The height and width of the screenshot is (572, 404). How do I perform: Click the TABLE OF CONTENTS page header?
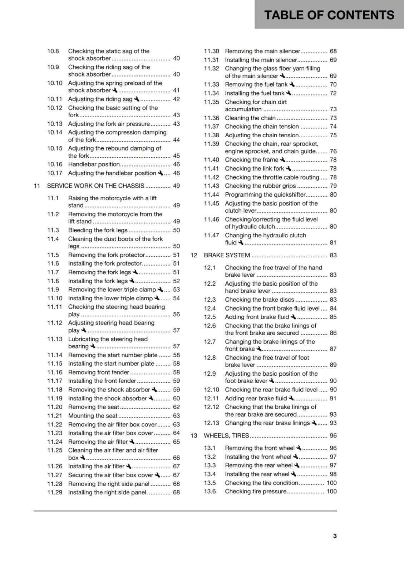pyautogui.click(x=329, y=15)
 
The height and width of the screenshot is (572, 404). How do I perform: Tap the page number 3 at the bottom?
pyautogui.click(x=335, y=536)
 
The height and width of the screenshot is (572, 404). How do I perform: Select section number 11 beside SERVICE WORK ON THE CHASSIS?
pyautogui.click(x=36, y=186)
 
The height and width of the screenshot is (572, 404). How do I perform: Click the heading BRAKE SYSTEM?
pyautogui.click(x=227, y=255)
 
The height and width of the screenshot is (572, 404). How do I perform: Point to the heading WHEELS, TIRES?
pyautogui.click(x=226, y=435)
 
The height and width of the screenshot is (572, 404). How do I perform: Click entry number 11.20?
pyautogui.click(x=55, y=407)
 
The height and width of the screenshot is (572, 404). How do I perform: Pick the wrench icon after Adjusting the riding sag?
pyautogui.click(x=137, y=99)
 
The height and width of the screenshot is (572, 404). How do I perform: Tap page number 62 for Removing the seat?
pyautogui.click(x=176, y=407)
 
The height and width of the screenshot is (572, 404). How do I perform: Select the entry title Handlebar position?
pyautogui.click(x=94, y=164)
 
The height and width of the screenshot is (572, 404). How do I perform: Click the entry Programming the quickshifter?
pyautogui.click(x=265, y=194)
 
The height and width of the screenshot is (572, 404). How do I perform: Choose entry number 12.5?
pyautogui.click(x=210, y=317)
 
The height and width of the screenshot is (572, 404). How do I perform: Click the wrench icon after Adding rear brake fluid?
pyautogui.click(x=291, y=398)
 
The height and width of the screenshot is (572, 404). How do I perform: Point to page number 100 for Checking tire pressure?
pyautogui.click(x=331, y=491)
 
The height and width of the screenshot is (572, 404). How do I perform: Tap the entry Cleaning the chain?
pyautogui.click(x=250, y=118)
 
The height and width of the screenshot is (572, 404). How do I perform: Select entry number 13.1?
pyautogui.click(x=210, y=448)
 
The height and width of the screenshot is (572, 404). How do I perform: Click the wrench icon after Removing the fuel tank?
pyautogui.click(x=292, y=84)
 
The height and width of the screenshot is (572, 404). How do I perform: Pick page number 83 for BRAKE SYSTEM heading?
pyautogui.click(x=333, y=255)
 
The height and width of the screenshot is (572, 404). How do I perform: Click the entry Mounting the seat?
pyautogui.click(x=93, y=416)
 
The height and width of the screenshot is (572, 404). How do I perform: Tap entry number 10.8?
pyautogui.click(x=53, y=51)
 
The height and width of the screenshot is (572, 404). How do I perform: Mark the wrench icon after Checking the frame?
pyautogui.click(x=282, y=160)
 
